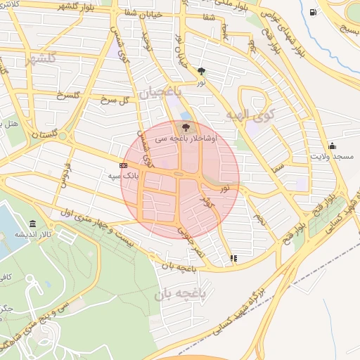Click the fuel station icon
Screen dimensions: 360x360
[313, 12]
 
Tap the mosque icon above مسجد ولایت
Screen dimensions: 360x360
[332, 146]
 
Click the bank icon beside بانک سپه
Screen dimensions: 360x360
[124, 165]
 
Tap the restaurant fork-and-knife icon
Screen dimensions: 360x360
[233, 258]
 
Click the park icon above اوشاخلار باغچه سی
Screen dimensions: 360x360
[185, 127]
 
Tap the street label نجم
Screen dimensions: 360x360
[260, 219]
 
